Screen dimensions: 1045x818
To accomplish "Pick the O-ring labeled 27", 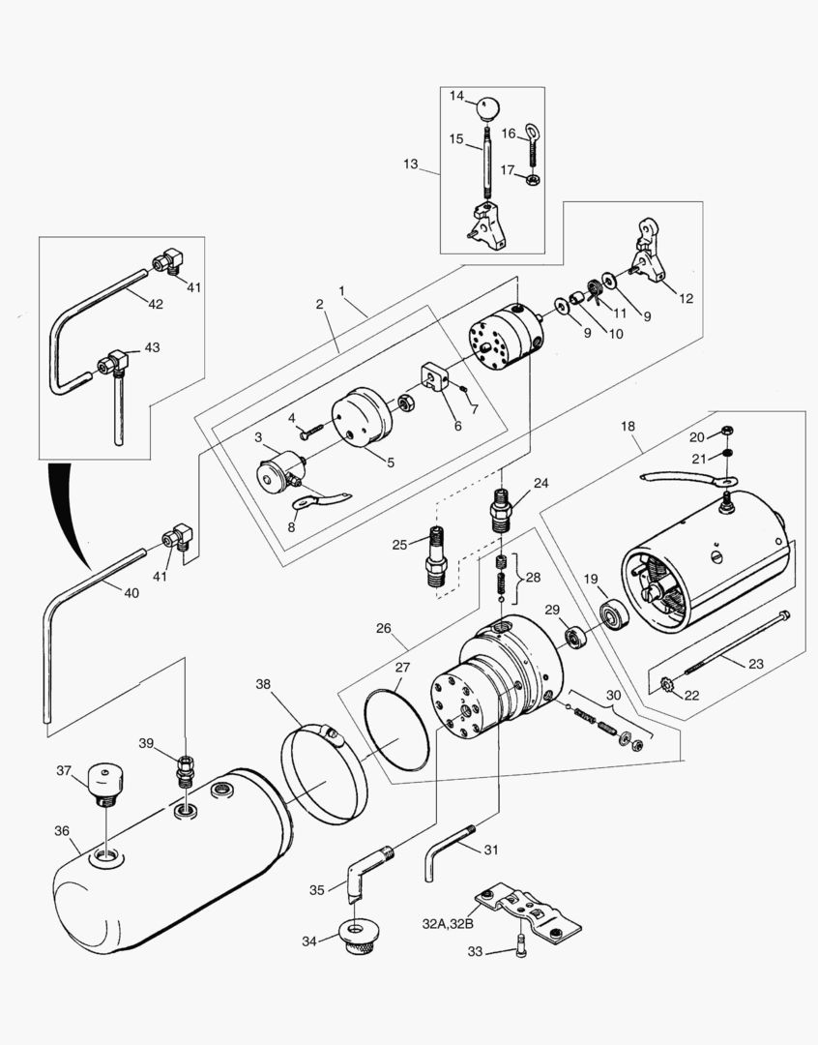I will [x=395, y=730].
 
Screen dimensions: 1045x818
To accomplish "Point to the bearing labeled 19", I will [x=614, y=615].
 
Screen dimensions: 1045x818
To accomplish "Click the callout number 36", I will [x=62, y=830].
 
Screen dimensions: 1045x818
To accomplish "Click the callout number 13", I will [x=411, y=164].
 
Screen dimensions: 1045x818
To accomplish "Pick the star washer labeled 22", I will [x=665, y=689].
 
